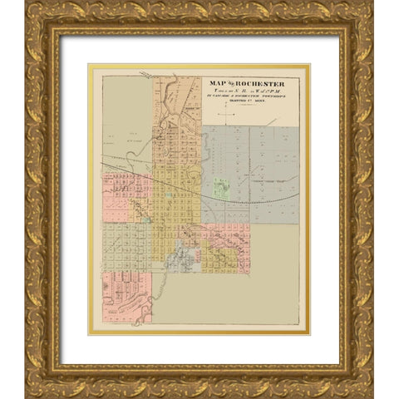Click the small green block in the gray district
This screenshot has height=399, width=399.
(x=219, y=189)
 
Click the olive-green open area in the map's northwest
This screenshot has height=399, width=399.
(x=125, y=125)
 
